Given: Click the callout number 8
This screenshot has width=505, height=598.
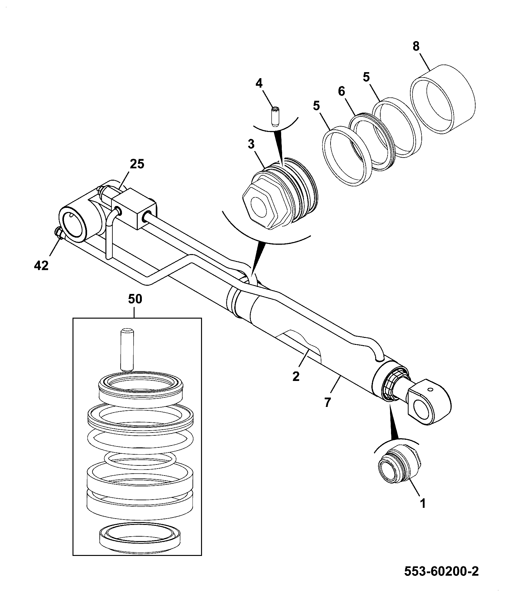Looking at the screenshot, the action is tap(416, 47).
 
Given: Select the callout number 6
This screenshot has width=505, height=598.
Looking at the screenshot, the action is tap(341, 91).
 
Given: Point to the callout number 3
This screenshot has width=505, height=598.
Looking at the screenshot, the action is tap(251, 144).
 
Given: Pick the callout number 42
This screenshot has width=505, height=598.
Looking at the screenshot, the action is tap(41, 265).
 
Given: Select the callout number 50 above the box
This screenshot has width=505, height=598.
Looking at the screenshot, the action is tap(135, 299).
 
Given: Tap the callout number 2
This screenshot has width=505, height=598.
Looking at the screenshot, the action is tap(296, 377).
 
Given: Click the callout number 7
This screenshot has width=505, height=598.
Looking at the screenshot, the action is tap(327, 402).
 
